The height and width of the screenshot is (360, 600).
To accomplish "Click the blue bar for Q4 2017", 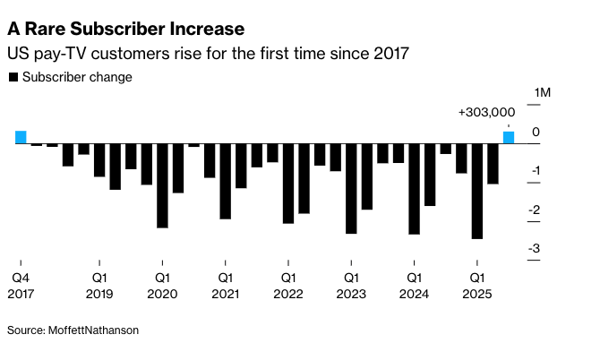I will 21,137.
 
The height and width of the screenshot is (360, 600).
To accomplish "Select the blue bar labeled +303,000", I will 508,137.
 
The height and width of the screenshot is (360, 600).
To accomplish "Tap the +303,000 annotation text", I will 486,113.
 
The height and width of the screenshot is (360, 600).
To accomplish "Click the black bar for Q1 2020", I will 162,185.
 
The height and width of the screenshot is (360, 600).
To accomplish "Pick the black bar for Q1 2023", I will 351,188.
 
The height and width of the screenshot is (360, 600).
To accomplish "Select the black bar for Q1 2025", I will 476,191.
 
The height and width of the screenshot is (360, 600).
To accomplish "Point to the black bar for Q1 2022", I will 287,183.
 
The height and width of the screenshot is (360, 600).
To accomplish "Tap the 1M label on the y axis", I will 543,93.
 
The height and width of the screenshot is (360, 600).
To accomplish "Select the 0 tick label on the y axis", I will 535,133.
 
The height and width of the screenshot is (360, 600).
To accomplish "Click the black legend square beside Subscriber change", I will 13,78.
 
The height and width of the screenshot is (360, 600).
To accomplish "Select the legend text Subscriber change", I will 77,78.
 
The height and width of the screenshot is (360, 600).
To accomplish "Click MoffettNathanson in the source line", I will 93,330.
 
